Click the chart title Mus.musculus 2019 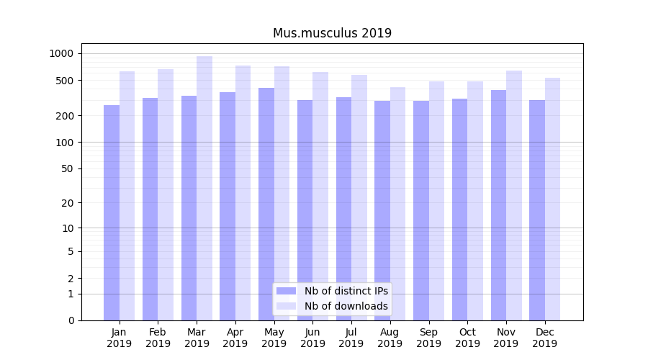point(332,33)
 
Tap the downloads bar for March point(204,188)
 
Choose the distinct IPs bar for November point(498,205)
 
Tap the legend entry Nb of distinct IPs point(346,291)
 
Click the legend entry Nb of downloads point(346,306)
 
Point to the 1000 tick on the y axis point(61,53)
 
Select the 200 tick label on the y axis point(65,116)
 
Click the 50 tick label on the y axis point(67,168)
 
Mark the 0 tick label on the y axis point(71,320)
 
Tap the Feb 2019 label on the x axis point(158,338)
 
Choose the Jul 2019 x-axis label point(351,338)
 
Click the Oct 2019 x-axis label point(467,338)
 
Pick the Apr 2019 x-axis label point(235,338)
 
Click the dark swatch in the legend point(287,291)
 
